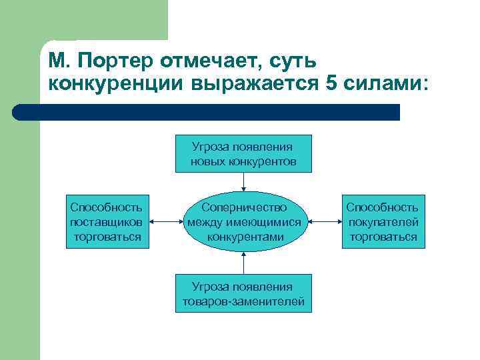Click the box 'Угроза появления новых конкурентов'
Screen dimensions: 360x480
point(243,154)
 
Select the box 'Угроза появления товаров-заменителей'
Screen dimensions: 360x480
point(243,293)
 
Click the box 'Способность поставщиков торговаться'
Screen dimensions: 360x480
point(106,222)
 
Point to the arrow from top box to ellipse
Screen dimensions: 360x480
point(244,181)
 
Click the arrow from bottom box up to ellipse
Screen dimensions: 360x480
point(244,263)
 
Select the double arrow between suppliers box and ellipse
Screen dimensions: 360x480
point(167,222)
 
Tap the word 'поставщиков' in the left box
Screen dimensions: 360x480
point(106,222)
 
